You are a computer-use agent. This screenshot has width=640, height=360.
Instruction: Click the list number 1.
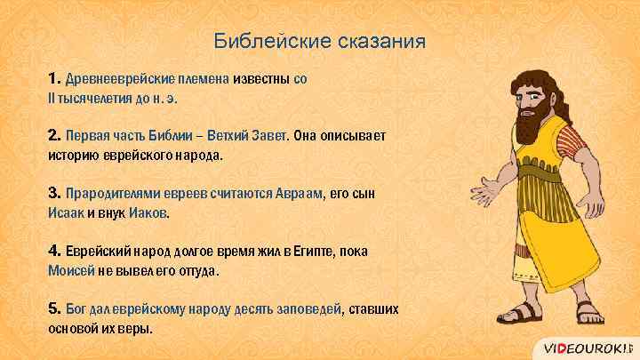[x=54, y=78]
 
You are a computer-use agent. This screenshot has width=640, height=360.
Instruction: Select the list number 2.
[x=54, y=136]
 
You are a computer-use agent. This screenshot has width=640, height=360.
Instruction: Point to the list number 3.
[x=54, y=194]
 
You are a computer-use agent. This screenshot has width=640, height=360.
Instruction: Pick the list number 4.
[x=54, y=252]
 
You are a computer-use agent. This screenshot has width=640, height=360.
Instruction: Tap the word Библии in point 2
[x=163, y=137]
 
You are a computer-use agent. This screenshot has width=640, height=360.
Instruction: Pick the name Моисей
[x=71, y=271]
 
